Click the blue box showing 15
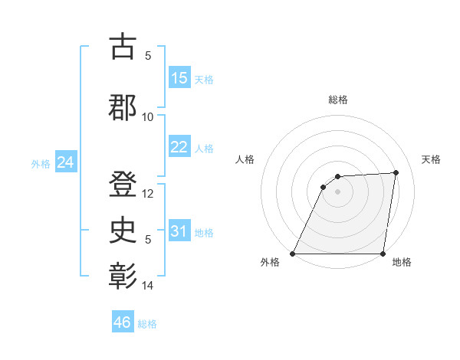pos(179,78)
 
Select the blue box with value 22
pos(179,147)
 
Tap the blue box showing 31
pos(179,231)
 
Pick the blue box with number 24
pos(66,162)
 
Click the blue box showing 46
pos(123,322)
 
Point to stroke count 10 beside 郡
pos(148,117)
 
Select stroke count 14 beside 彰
pos(148,286)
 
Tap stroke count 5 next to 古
pos(148,56)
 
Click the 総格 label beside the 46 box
pos(147,324)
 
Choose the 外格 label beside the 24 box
pos(41,164)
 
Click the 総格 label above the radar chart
pos(337,100)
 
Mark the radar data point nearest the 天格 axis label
pos(396,172)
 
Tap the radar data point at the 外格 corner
pos(292,254)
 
